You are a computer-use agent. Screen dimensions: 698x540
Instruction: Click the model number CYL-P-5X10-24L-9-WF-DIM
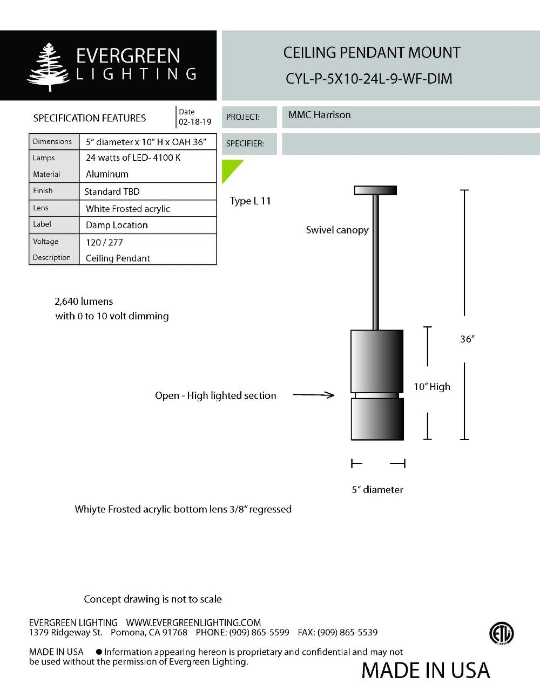(x=369, y=79)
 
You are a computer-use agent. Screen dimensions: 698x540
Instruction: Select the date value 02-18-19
(x=195, y=122)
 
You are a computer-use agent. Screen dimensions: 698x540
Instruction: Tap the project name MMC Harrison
(x=319, y=115)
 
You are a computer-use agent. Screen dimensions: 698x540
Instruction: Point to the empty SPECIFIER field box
(x=410, y=144)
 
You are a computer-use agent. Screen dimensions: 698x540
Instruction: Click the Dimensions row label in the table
(x=52, y=142)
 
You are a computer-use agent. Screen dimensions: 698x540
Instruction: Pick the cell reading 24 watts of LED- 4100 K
(x=133, y=158)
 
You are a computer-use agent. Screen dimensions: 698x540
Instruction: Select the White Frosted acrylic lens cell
(x=128, y=209)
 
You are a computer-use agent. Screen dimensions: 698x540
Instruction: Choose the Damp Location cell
(x=117, y=225)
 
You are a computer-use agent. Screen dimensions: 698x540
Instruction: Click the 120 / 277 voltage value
(x=104, y=242)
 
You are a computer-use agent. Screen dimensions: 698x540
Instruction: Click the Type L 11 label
(x=250, y=201)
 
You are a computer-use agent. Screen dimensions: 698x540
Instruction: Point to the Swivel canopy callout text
(x=337, y=230)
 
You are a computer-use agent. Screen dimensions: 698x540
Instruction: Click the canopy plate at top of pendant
(x=375, y=190)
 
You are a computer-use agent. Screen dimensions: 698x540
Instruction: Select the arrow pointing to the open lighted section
(x=314, y=395)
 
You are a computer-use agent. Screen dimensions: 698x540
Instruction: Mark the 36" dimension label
(x=467, y=339)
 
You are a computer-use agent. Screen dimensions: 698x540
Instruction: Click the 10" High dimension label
(x=431, y=387)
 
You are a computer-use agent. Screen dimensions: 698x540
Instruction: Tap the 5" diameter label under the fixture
(x=377, y=490)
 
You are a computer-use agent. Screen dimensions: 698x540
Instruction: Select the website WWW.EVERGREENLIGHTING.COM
(x=193, y=622)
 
